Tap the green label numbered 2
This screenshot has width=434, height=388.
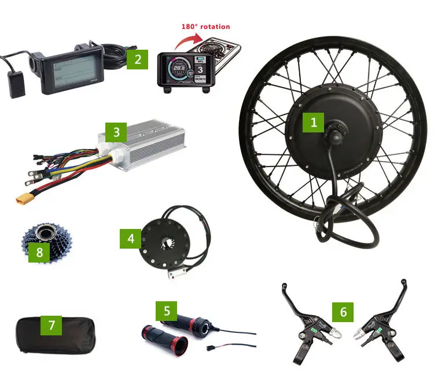tap(138, 58)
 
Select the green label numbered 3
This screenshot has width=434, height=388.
tap(116, 132)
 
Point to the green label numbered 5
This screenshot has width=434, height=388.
tap(167, 311)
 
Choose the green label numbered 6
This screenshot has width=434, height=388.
tap(343, 312)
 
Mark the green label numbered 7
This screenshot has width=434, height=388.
tap(52, 326)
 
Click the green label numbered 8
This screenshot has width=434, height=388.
tap(39, 252)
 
